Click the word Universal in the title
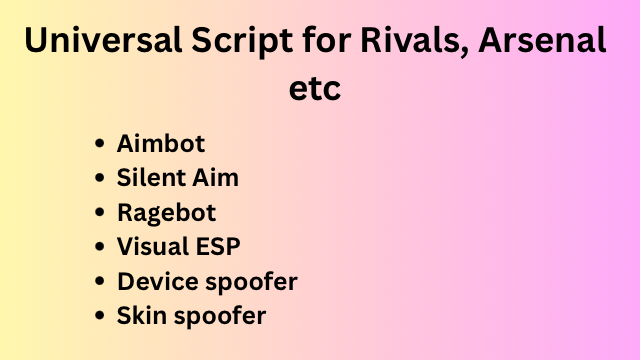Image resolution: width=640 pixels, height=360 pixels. (103, 40)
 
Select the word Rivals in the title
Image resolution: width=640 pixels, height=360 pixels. (410, 40)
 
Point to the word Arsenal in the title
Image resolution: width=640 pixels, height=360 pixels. (542, 40)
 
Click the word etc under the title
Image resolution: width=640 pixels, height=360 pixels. (315, 89)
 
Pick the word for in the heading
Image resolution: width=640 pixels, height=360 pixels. (327, 40)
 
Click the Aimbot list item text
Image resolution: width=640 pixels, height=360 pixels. (161, 143)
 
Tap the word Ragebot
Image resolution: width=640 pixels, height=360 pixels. (167, 213)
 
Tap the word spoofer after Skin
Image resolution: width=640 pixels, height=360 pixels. (220, 317)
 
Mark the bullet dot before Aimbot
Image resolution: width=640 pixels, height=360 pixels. (100, 144)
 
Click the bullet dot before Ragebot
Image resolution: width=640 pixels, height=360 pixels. (100, 212)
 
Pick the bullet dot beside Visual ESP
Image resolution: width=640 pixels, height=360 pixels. (100, 247)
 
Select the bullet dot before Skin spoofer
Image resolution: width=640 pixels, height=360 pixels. (100, 316)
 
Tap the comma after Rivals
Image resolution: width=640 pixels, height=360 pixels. (464, 52)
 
